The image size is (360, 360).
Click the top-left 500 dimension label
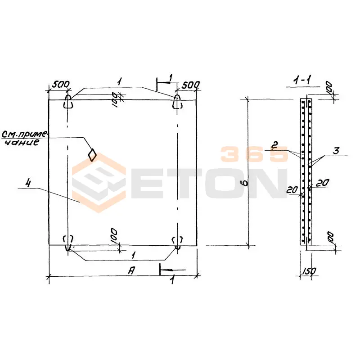(x=61, y=84)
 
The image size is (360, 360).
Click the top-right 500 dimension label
(x=190, y=85)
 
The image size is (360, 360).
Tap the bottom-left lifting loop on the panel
(x=68, y=243)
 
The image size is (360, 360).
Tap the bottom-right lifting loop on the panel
(x=177, y=242)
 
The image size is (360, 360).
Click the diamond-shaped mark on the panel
(x=92, y=155)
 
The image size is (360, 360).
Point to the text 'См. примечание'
(x=24, y=138)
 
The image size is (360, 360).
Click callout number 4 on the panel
(x=28, y=183)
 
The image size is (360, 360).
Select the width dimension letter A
(x=131, y=270)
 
